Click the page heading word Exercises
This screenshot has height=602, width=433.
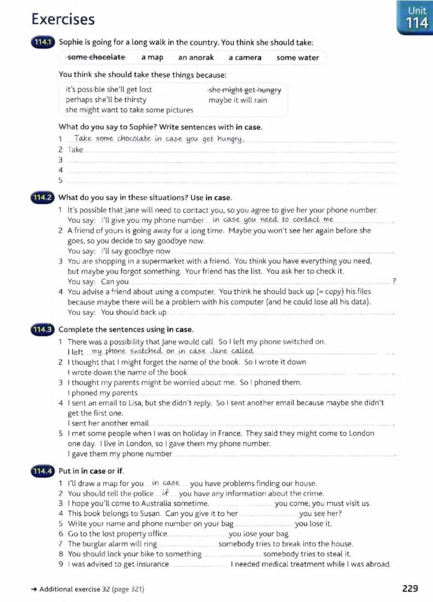(63, 19)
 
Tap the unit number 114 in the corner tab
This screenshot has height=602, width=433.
(417, 23)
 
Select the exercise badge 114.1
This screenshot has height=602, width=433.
(44, 42)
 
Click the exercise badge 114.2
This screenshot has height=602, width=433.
(44, 198)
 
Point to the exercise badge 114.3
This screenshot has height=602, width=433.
(44, 329)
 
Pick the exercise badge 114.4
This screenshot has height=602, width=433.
(44, 471)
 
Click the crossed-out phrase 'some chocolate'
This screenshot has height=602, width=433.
(96, 57)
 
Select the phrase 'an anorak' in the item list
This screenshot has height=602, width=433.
(196, 58)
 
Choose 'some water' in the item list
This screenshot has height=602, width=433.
(298, 58)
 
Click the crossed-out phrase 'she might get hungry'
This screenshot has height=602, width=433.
(245, 90)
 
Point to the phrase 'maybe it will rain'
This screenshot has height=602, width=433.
(238, 100)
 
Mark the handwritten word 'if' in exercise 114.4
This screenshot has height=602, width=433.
(166, 493)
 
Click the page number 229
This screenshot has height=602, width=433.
(410, 588)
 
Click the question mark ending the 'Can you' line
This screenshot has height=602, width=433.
(394, 282)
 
